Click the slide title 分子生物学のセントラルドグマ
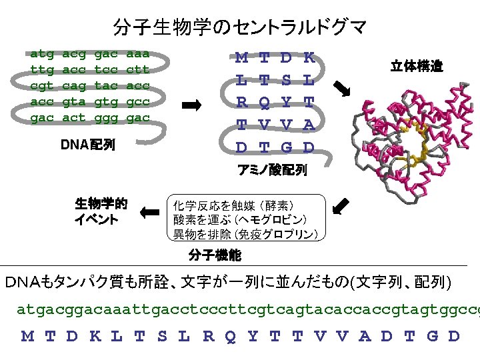[240, 27]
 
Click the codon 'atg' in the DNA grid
[43, 53]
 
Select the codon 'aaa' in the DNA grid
[138, 53]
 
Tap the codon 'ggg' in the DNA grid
[106, 117]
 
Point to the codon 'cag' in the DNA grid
[74, 85]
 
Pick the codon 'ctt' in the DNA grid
[138, 69]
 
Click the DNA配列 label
[87, 144]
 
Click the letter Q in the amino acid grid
[265, 102]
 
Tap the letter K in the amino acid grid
[309, 58]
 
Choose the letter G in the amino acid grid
[287, 147]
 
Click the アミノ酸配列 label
[273, 171]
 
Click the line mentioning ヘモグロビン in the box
[240, 219]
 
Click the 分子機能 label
[215, 255]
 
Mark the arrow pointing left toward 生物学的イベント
[151, 213]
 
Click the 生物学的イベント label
[101, 211]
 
